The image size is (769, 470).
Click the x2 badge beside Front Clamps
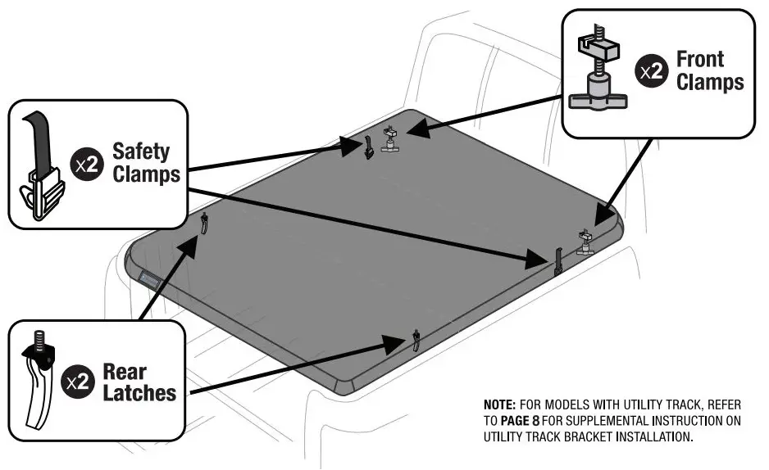point(653,71)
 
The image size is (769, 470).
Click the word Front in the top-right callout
point(699,60)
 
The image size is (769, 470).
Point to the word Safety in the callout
point(141,151)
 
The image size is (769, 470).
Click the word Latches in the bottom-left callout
point(139,393)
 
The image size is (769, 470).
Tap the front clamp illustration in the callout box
point(597,72)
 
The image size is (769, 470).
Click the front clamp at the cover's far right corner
point(585,242)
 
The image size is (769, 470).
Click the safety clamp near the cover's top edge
point(369,147)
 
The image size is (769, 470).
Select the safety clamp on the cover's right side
point(557,260)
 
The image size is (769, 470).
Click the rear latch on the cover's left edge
point(203,222)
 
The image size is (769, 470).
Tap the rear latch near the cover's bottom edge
point(416,340)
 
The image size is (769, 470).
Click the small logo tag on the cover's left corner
point(149,280)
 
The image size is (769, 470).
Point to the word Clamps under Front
point(709,82)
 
